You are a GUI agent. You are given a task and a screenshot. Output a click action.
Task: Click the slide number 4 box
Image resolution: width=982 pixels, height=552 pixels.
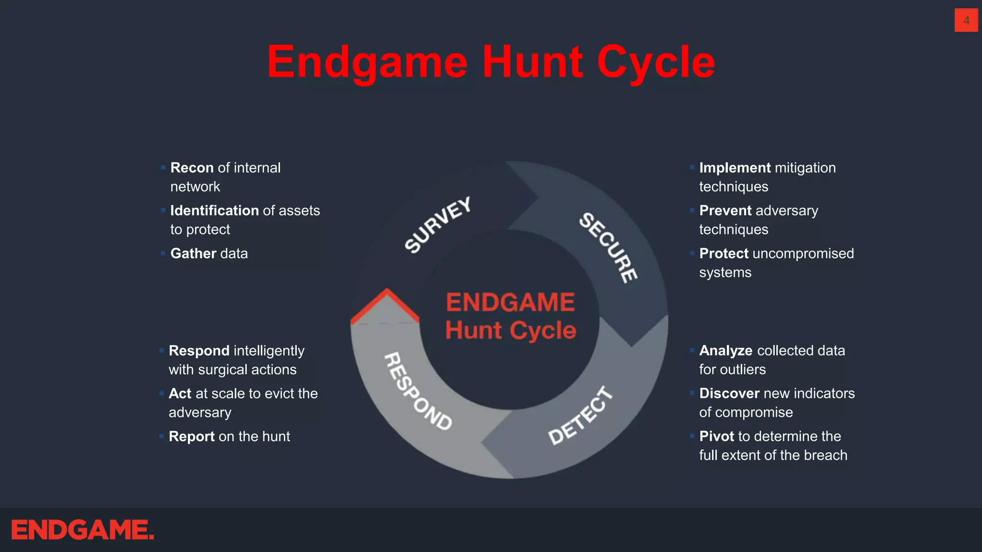click(966, 21)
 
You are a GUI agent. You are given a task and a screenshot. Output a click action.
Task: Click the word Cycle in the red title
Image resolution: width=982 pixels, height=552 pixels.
click(655, 62)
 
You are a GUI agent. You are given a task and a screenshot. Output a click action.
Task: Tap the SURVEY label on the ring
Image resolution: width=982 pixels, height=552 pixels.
click(438, 224)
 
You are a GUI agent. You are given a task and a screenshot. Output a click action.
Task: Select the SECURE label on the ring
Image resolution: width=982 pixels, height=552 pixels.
click(608, 247)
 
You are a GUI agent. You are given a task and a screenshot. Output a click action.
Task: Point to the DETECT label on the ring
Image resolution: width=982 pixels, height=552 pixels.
click(581, 415)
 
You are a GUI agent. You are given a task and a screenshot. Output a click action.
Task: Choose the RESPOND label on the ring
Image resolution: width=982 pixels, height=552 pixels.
click(418, 391)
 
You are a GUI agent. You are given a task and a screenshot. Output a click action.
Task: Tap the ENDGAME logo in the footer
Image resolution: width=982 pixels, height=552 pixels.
click(82, 530)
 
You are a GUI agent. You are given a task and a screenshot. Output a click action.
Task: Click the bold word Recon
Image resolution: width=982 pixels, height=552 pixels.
click(192, 168)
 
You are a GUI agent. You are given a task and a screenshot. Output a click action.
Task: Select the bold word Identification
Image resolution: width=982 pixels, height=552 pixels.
click(214, 210)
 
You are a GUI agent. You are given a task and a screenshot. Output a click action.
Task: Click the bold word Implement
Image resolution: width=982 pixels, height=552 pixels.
click(735, 168)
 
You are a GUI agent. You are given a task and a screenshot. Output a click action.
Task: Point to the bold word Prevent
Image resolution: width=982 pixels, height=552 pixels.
click(725, 210)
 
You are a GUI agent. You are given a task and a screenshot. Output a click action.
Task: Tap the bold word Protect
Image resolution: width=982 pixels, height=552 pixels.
click(724, 253)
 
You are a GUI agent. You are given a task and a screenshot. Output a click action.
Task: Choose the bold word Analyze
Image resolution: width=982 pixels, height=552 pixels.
click(725, 351)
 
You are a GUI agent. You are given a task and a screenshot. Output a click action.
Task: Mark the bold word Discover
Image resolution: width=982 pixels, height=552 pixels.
click(729, 393)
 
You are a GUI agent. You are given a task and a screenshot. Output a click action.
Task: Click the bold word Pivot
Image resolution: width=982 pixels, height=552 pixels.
click(716, 437)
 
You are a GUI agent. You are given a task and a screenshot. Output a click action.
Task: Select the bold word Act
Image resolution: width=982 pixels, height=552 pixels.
click(180, 393)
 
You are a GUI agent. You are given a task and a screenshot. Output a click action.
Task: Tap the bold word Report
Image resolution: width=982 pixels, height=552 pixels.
click(191, 437)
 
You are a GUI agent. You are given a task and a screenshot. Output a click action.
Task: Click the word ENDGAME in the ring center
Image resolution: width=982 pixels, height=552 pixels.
click(510, 303)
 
